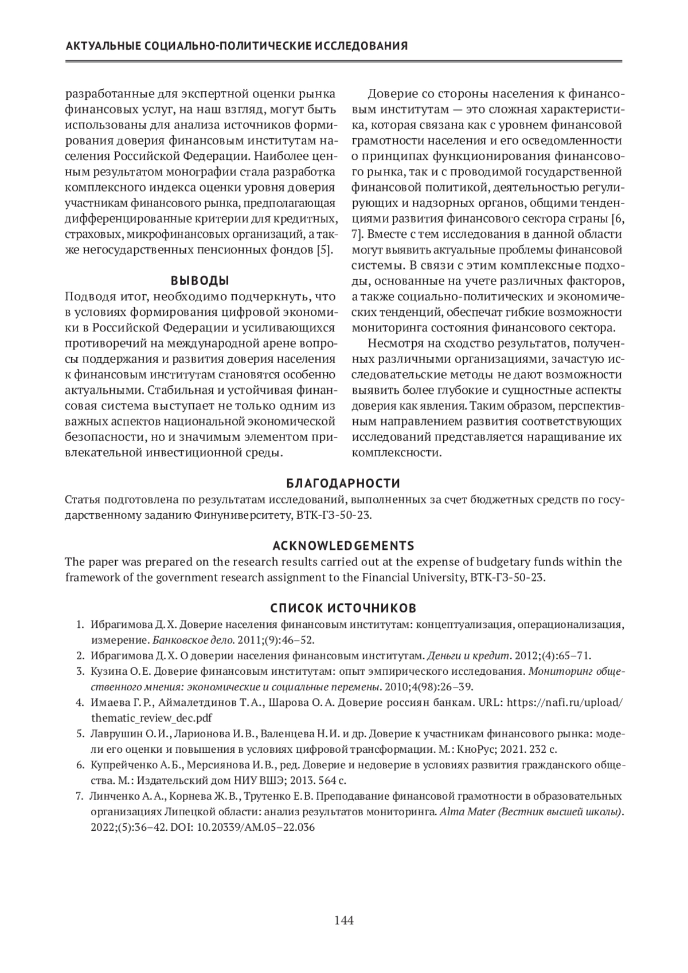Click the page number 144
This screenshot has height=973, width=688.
pos(344,921)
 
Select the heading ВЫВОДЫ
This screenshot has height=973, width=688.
pos(200,280)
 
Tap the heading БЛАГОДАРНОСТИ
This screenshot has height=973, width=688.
pos(343,483)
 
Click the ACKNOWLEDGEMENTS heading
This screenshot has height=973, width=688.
pos(343,545)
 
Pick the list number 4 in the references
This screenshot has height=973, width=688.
pos(80,702)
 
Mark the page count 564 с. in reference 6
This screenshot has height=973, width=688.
pos(330,780)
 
